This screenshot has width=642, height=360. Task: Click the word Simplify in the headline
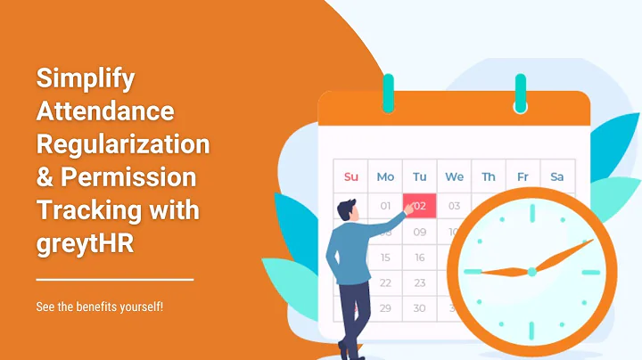pos(86,78)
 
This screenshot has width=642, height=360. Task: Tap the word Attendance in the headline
pos(105,111)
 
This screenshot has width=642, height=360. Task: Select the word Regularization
pos(122,144)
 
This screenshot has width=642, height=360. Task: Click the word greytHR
pos(85,242)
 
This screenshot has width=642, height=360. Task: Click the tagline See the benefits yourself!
pos(99,307)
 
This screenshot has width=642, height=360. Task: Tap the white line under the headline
pos(114,279)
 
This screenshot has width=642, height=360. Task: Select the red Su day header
pos(350,176)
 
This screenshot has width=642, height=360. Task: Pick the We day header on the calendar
pos(454,176)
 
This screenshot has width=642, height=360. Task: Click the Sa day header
pos(557,176)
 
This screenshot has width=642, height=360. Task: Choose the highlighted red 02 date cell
pos(420,205)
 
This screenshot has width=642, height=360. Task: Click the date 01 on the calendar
pos(385,205)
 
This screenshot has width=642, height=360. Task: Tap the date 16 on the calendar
pos(420,258)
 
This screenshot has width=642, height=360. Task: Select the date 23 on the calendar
pos(420,282)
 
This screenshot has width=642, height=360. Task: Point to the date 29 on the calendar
pos(385,308)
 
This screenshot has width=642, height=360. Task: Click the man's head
pos(347,211)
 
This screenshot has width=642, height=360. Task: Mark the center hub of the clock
pos(531,270)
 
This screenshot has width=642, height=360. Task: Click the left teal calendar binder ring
pos(388,93)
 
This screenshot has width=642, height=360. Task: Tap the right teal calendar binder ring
pos(521,93)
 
